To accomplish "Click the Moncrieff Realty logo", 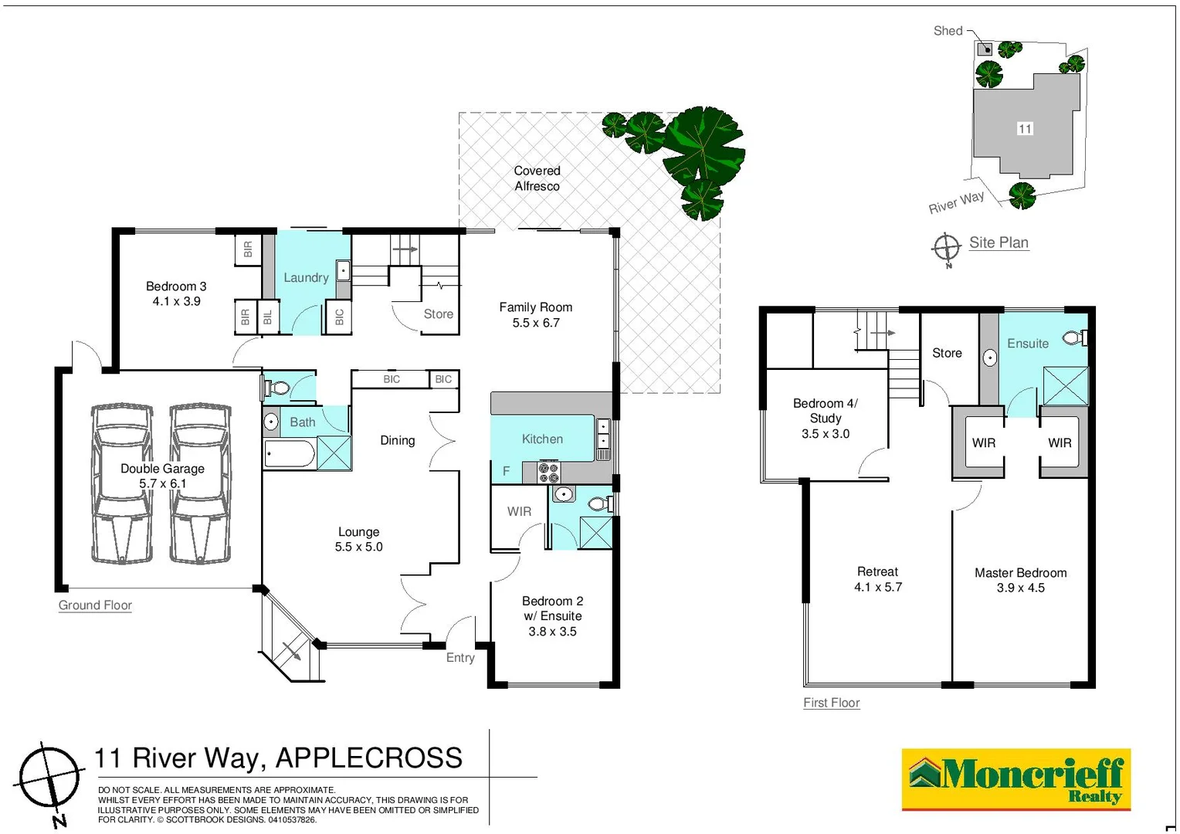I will click(1016, 778).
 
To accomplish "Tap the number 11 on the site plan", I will click(1025, 129).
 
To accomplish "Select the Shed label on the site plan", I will click(948, 31).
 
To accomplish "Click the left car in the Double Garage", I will click(122, 483).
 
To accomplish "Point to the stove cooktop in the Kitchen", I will click(548, 472).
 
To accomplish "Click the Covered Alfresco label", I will click(537, 178).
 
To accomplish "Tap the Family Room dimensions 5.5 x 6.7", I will click(535, 323).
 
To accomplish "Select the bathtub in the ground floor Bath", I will click(289, 454).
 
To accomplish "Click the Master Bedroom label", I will click(1020, 573).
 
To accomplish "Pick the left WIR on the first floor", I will click(983, 442).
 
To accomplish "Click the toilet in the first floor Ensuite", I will click(1074, 337).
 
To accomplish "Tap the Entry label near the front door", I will click(460, 657).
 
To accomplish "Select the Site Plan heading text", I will click(999, 242).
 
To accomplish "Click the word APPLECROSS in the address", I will click(368, 758).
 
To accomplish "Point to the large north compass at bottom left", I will click(49, 776).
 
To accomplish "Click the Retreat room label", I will click(877, 571).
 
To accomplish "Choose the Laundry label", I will click(306, 277).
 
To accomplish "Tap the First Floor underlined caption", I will click(831, 703).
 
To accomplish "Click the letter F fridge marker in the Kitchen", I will click(506, 470).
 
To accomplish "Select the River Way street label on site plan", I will click(956, 202).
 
